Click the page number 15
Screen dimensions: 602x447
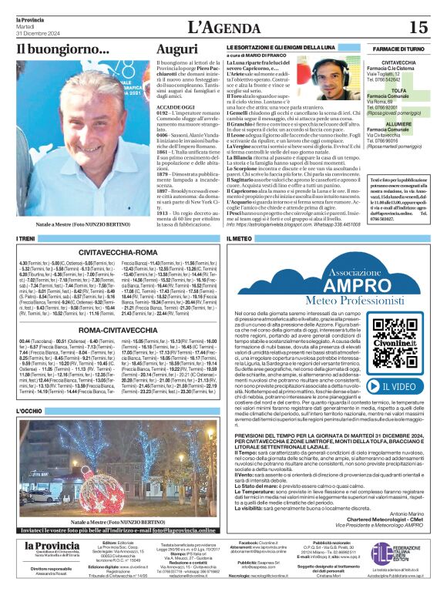[418, 27]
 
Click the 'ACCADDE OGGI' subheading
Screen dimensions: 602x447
[172, 107]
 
